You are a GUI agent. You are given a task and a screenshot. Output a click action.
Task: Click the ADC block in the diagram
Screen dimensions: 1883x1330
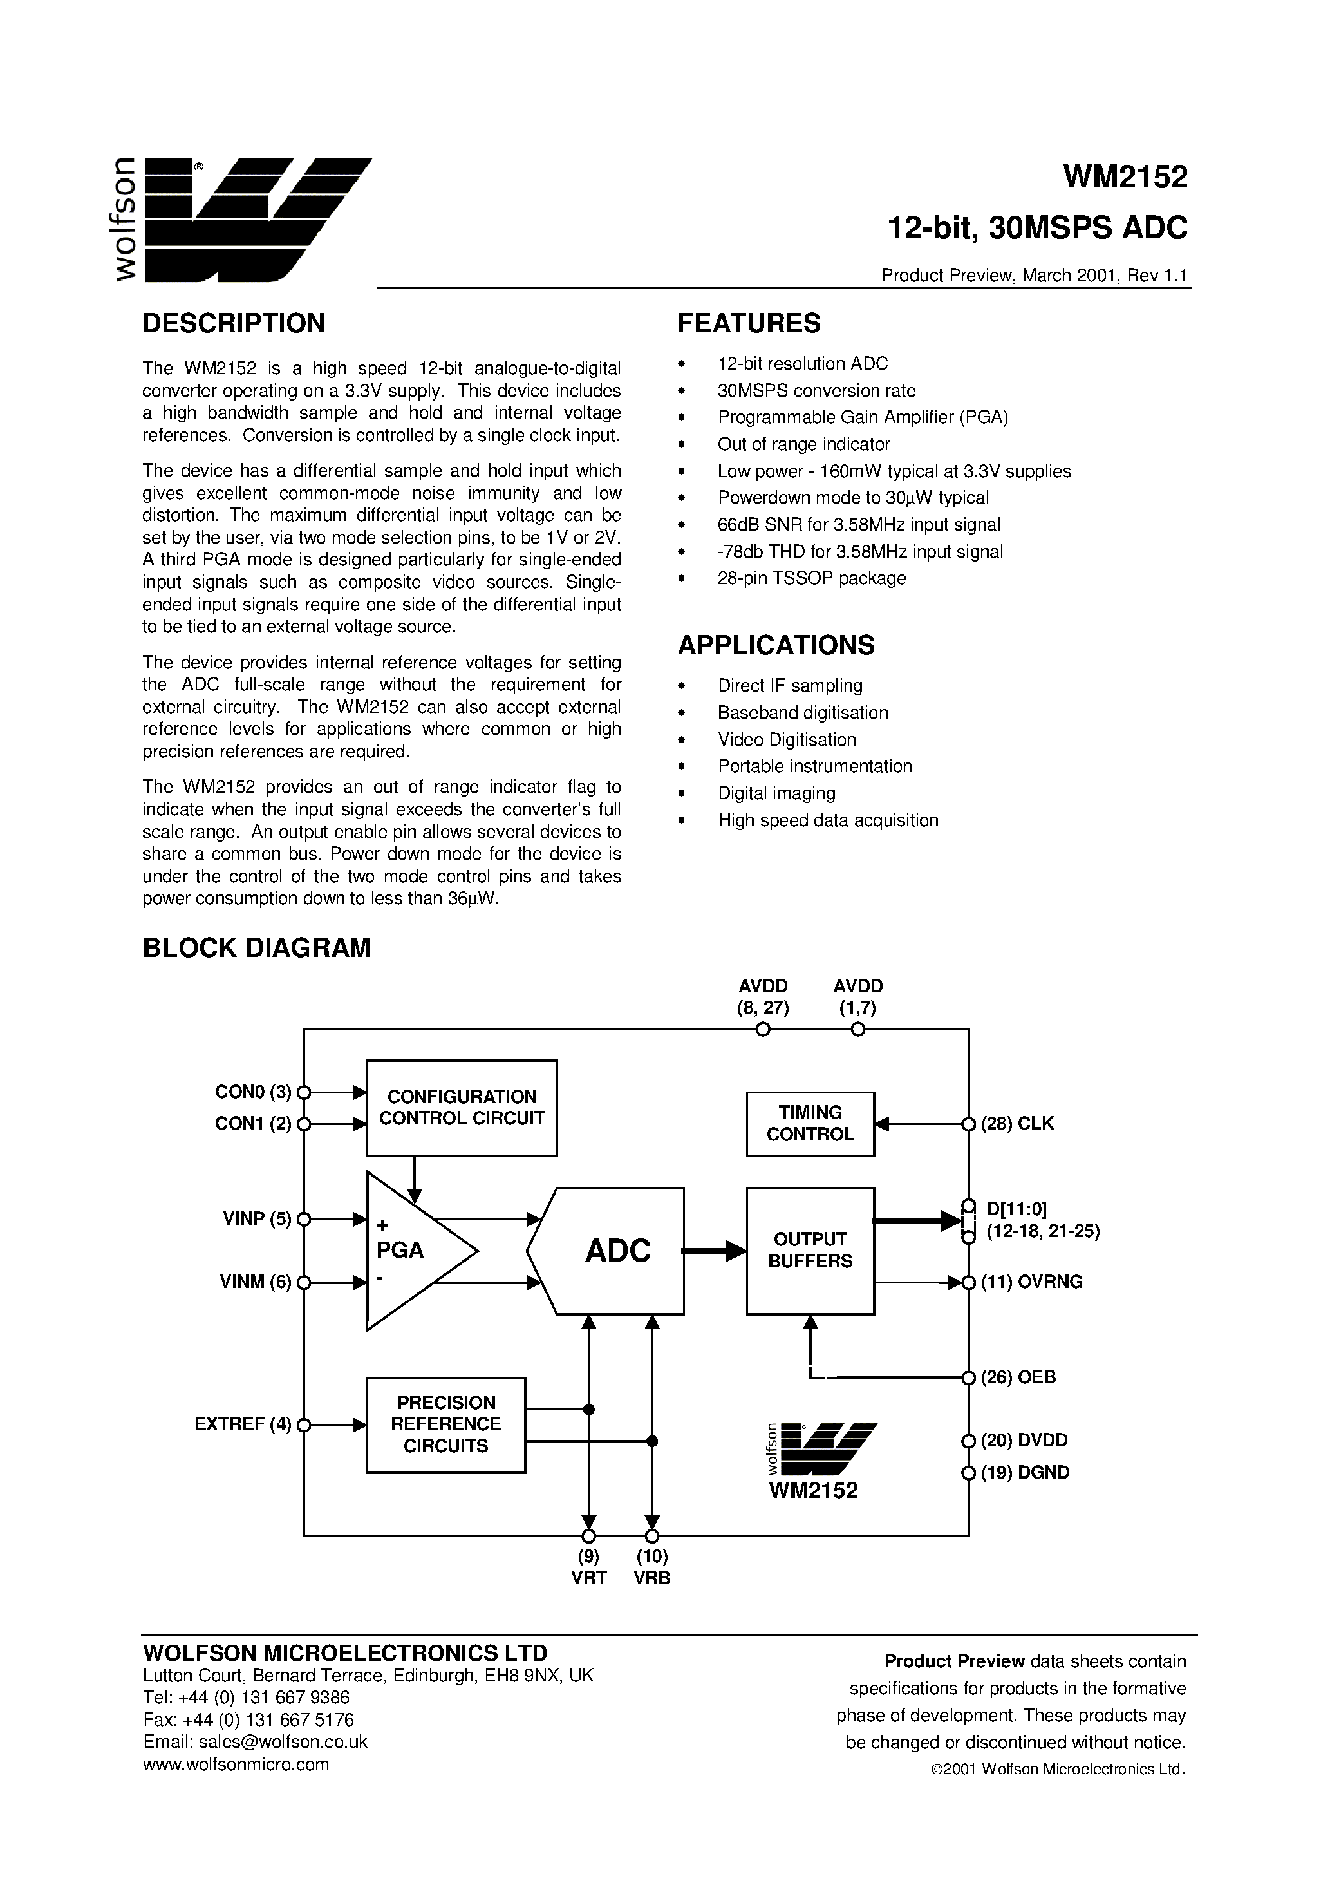(x=617, y=1251)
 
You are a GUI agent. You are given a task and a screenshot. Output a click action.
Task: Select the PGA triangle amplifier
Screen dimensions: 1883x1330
(x=410, y=1251)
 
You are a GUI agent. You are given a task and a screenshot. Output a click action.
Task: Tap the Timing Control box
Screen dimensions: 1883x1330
(x=810, y=1124)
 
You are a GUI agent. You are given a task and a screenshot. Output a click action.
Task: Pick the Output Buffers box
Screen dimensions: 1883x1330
(x=810, y=1251)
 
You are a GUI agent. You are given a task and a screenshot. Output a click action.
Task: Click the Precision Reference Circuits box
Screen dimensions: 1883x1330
(x=446, y=1424)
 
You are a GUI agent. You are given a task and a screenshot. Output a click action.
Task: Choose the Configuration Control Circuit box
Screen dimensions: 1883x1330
(x=462, y=1108)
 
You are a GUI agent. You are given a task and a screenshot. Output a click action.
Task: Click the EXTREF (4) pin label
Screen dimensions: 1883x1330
(x=243, y=1424)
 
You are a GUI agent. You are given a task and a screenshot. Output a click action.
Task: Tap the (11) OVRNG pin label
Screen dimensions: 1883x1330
(x=1031, y=1282)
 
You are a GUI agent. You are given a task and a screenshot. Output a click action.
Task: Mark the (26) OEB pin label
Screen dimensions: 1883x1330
(x=1018, y=1377)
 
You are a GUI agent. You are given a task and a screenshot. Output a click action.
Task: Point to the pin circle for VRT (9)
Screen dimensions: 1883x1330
(x=588, y=1536)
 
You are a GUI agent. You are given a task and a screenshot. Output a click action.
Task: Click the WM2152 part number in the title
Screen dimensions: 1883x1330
(x=1125, y=177)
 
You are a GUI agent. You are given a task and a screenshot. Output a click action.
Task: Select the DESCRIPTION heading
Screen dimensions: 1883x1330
(x=234, y=323)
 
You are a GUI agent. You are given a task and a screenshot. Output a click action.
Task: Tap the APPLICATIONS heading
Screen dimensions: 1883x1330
(x=776, y=645)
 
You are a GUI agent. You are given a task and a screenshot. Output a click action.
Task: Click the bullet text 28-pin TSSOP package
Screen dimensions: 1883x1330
(x=812, y=578)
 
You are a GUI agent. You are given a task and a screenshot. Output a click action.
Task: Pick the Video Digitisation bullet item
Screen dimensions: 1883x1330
(x=787, y=740)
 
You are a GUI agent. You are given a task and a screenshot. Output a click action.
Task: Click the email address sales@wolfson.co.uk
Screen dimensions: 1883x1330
(x=255, y=1742)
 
